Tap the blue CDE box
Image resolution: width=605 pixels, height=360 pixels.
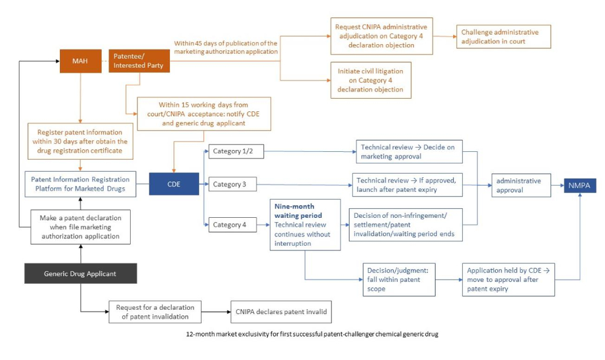pyautogui.click(x=174, y=183)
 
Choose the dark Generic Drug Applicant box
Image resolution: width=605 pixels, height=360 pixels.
pyautogui.click(x=80, y=273)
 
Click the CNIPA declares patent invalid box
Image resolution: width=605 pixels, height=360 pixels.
pyautogui.click(x=281, y=312)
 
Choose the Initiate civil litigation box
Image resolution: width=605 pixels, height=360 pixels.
pyautogui.click(x=370, y=80)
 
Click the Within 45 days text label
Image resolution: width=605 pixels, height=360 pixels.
pyautogui.click(x=226, y=47)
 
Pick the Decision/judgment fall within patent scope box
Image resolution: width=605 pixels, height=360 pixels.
pyautogui.click(x=399, y=279)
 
